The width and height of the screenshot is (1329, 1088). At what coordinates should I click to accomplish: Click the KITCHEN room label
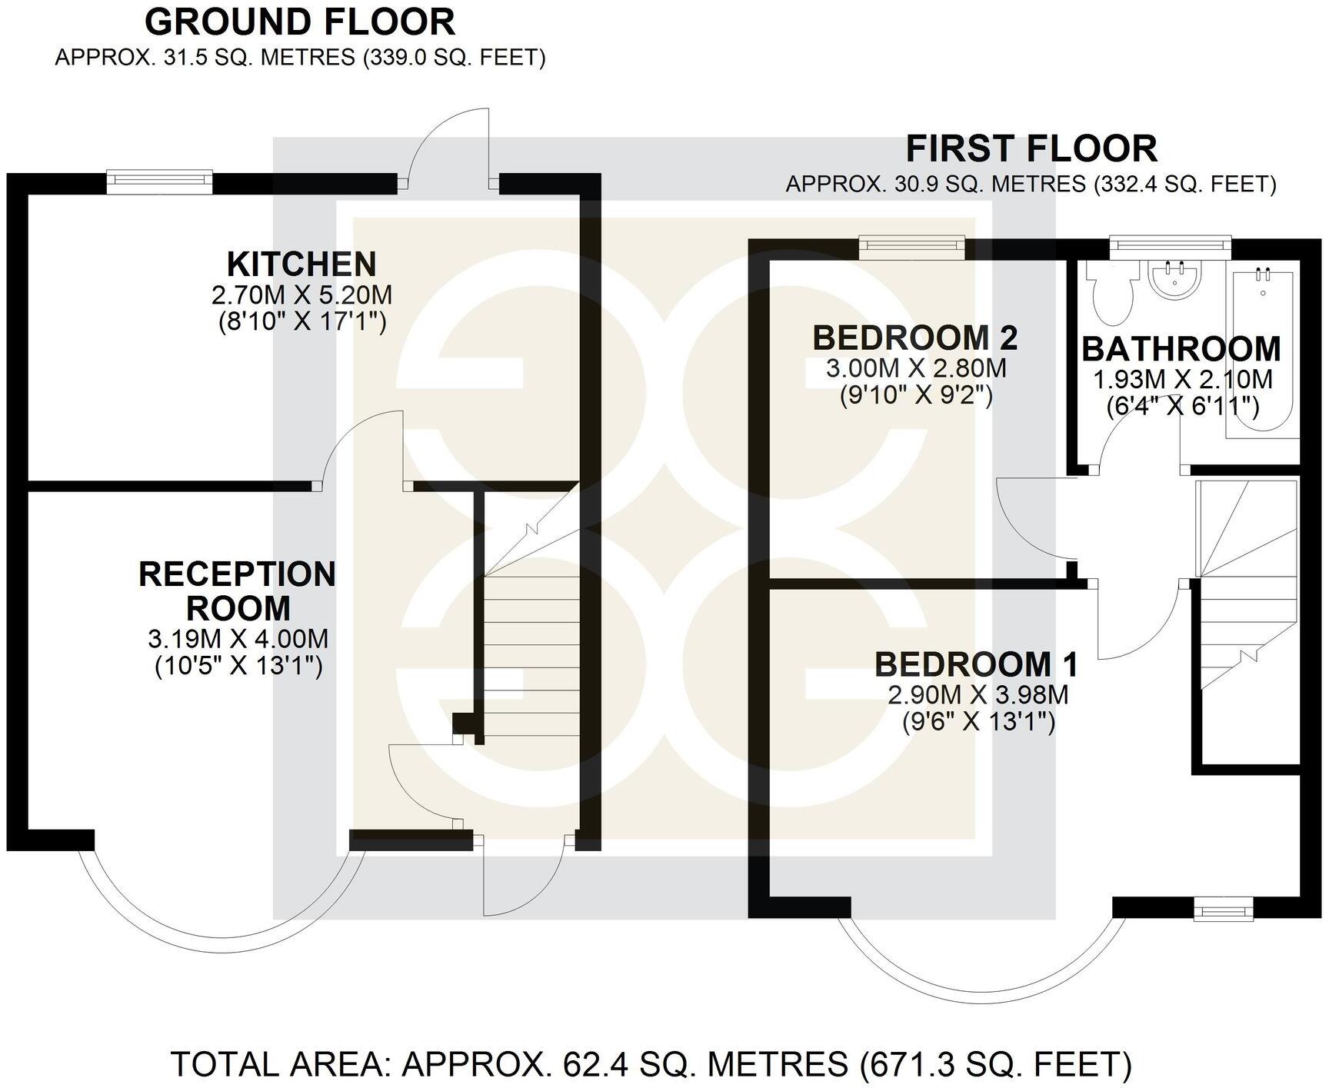click(x=301, y=265)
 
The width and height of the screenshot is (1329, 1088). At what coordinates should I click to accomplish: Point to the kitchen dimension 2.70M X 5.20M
click(x=301, y=295)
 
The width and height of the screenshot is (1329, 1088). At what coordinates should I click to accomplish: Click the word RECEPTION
click(x=237, y=574)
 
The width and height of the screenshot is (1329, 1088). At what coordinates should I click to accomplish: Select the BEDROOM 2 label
click(x=915, y=338)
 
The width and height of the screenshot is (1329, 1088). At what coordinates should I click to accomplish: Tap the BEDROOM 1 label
click(x=977, y=664)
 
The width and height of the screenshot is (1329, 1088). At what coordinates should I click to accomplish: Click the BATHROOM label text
click(x=1181, y=349)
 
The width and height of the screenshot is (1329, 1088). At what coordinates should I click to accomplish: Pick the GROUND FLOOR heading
click(x=300, y=22)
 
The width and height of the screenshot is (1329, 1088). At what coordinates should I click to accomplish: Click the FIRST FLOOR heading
click(x=1031, y=149)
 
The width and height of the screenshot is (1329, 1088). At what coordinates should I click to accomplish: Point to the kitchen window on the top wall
click(x=159, y=181)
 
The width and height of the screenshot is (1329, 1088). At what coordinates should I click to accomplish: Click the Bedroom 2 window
click(x=912, y=245)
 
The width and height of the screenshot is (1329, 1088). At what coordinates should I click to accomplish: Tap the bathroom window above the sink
click(x=1170, y=245)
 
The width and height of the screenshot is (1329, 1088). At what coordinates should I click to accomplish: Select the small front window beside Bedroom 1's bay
click(x=1224, y=912)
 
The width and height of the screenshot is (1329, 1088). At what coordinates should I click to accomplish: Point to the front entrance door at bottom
click(x=523, y=877)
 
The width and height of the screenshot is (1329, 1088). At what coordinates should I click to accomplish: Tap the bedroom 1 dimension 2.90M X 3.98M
click(x=978, y=695)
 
